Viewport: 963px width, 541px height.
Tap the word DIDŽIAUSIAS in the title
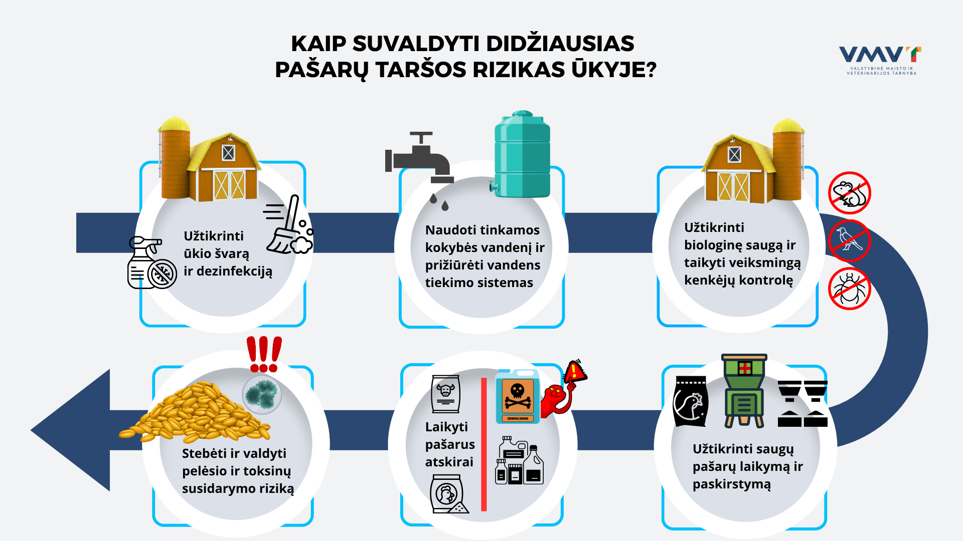560,44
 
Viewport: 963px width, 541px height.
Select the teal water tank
522,154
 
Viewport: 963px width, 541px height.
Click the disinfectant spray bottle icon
152,262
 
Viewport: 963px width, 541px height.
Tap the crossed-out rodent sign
849,193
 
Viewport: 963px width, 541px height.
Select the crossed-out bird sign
849,240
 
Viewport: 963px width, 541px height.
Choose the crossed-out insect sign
849,289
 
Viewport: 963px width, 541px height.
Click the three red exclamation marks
264,354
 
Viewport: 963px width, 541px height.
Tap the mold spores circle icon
262,394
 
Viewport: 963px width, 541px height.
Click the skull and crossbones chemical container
517,397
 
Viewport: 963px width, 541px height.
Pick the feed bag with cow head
445,394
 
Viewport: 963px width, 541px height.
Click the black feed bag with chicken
691,401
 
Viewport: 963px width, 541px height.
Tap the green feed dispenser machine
744,391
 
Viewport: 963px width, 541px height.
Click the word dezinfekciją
234,272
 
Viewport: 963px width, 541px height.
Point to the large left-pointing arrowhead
70,430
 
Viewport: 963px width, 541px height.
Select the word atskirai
449,462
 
